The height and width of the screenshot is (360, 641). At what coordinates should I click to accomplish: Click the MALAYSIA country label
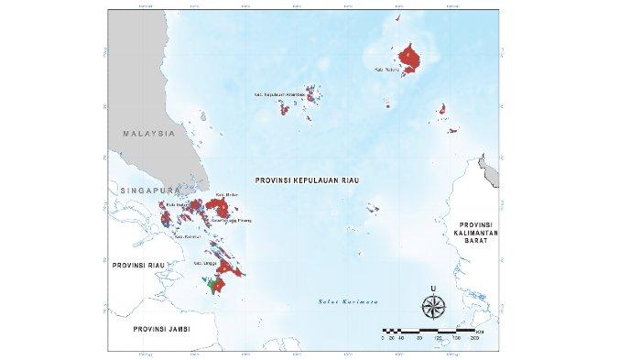pos(148,134)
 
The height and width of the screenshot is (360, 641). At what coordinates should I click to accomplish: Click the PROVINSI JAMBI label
pos(159,328)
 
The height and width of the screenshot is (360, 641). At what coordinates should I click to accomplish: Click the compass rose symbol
pos(436,305)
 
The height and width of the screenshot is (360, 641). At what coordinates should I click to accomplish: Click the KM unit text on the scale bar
pos(480,328)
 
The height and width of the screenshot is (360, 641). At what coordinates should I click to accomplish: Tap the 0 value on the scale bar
pos(382,337)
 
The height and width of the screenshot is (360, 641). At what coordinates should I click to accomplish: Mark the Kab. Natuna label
pos(386,68)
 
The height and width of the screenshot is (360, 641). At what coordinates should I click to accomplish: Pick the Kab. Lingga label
pos(203,263)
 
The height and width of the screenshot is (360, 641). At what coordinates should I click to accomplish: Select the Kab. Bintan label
pos(225,196)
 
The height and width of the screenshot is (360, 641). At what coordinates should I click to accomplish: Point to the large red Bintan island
pos(226,207)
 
